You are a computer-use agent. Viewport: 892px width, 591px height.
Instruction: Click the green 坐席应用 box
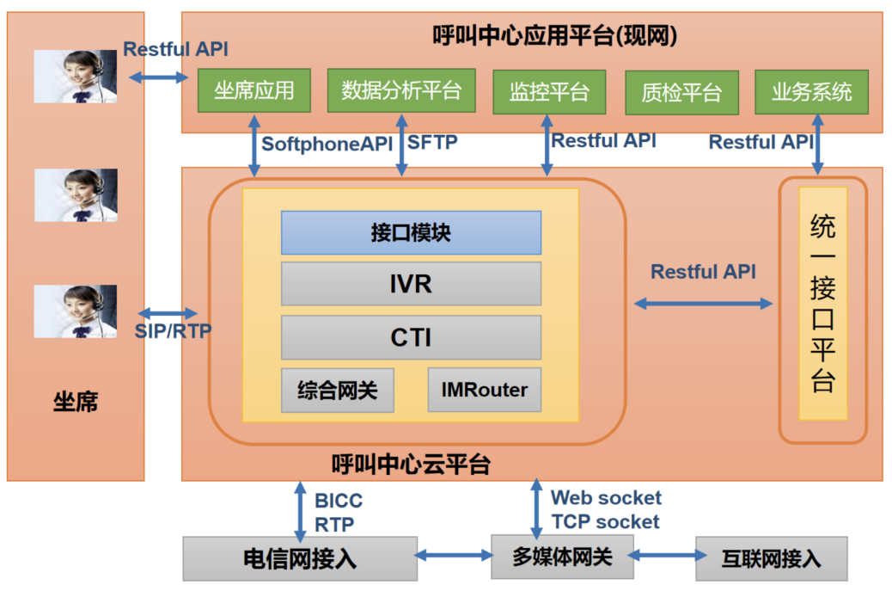click(254, 90)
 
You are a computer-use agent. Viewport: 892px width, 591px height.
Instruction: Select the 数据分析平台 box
click(401, 90)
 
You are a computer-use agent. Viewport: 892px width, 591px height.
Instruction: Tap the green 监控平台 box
click(549, 91)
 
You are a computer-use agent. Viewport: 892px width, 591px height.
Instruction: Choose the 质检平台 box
click(681, 92)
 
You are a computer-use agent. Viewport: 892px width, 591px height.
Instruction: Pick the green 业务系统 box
click(811, 91)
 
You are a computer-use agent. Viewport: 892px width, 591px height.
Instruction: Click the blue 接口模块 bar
click(411, 233)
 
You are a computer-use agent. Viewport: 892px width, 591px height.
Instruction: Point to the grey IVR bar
click(411, 284)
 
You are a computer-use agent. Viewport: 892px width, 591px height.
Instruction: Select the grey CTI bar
click(411, 337)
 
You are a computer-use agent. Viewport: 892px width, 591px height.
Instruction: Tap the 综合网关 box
click(337, 391)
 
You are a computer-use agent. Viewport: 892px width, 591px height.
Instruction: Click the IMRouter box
click(485, 391)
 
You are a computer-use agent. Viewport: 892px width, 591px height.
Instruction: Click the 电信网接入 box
click(300, 559)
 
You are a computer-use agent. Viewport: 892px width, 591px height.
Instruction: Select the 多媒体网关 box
click(562, 557)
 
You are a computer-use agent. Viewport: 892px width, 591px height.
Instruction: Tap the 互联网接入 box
click(771, 559)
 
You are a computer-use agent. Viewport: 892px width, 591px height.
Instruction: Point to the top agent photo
click(76, 77)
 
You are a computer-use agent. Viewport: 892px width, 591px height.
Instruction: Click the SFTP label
click(432, 144)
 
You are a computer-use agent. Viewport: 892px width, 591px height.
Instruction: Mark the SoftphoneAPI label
click(327, 144)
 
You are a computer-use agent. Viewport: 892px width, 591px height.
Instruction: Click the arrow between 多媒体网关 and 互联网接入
click(663, 557)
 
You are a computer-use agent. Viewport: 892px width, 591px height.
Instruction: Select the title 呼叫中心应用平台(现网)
click(555, 35)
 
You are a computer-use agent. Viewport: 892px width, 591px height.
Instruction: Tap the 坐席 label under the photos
click(76, 402)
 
